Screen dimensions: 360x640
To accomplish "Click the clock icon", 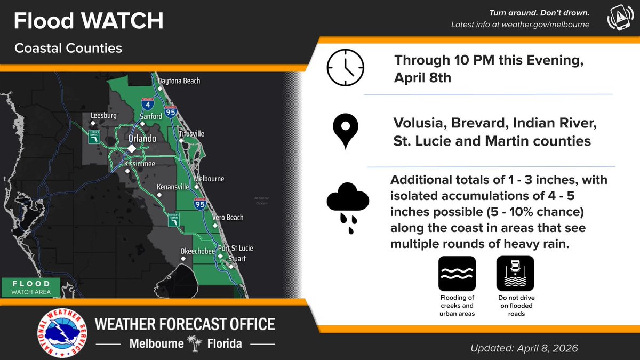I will click(345, 68).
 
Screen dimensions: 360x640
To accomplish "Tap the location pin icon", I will click(345, 132).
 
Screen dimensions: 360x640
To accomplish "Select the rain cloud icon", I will click(347, 205).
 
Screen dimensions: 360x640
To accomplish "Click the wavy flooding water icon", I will click(457, 274).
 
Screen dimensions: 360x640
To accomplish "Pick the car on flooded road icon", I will click(515, 274).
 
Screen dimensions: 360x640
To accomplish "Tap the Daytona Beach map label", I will click(179, 81).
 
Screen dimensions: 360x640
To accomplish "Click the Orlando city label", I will click(142, 138).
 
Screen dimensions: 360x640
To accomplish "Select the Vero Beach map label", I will click(227, 218).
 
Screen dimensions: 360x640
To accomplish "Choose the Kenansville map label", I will click(173, 187).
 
